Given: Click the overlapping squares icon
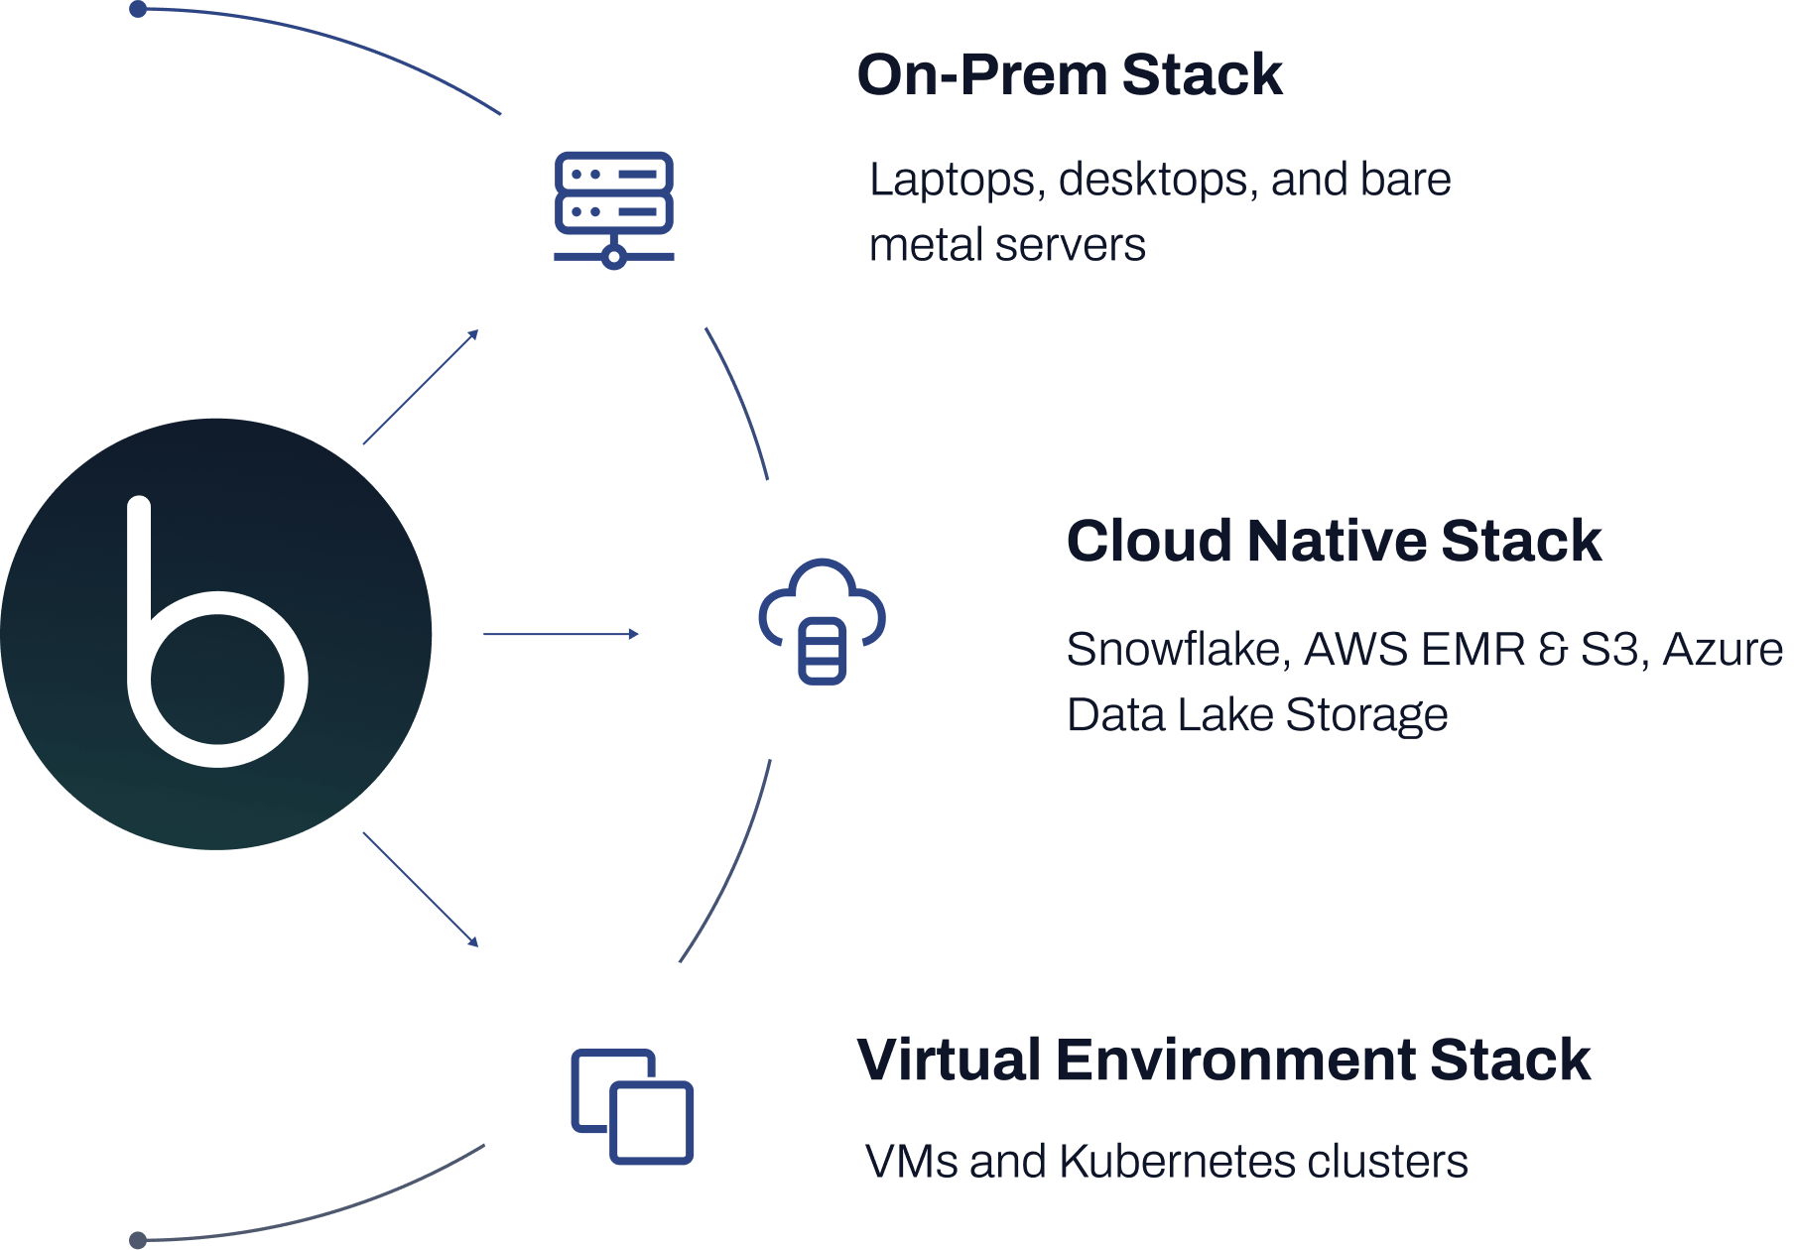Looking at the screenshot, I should [x=632, y=1105].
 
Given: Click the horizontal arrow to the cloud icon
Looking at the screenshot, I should [x=561, y=633].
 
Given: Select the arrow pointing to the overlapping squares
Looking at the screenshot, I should [x=421, y=889].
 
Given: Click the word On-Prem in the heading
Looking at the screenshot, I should [x=981, y=75].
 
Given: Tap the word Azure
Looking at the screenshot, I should [x=1722, y=650].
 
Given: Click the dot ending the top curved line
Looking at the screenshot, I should [x=138, y=10].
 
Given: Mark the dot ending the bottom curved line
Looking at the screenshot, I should [x=138, y=1240].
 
